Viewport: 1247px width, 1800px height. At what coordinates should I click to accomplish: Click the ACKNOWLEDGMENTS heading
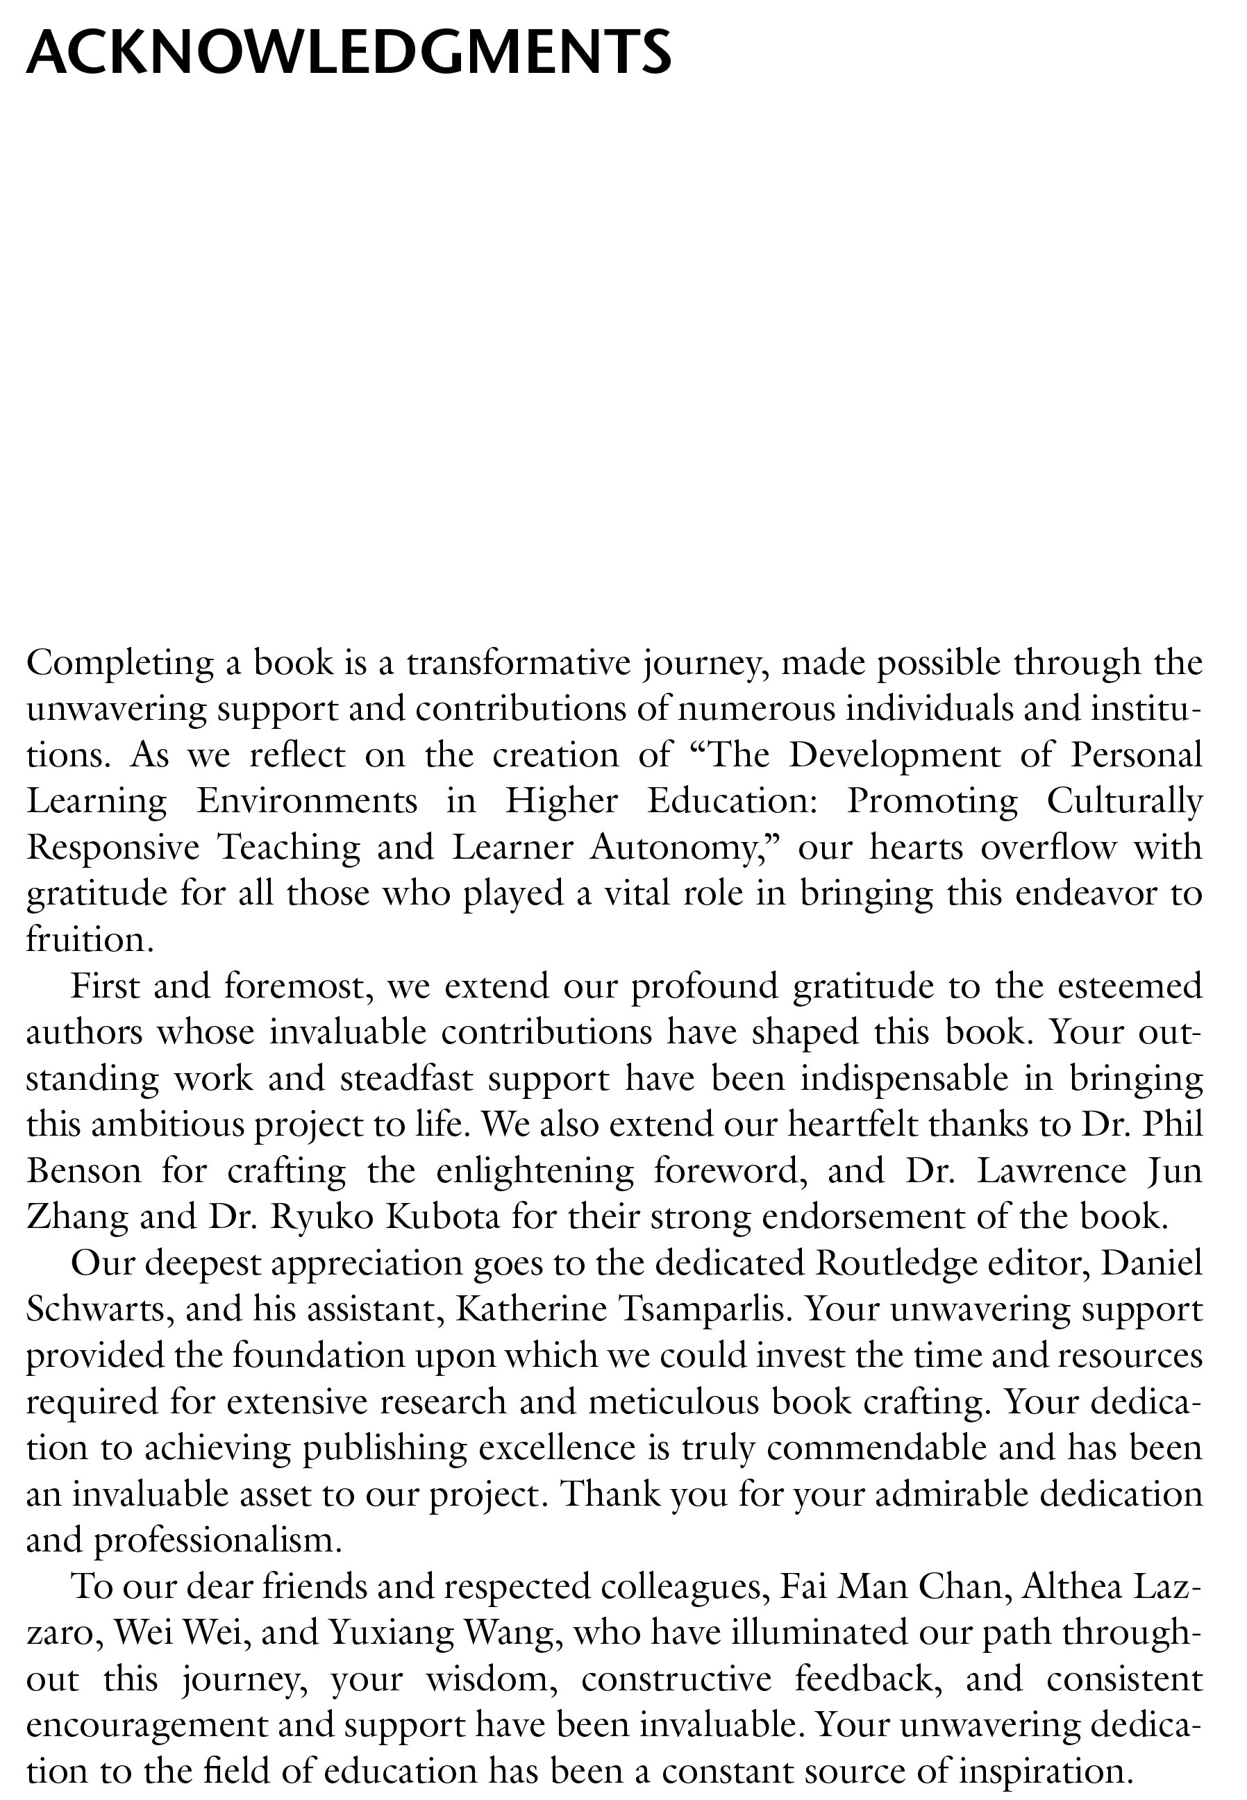(x=349, y=53)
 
